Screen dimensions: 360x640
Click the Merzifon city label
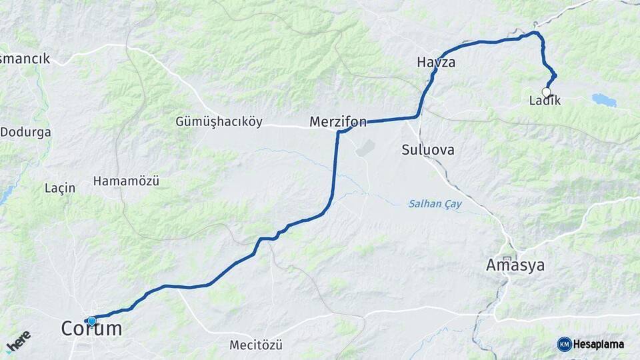(x=338, y=122)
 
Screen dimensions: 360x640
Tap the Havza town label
(x=436, y=63)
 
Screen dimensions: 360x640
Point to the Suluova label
(x=428, y=150)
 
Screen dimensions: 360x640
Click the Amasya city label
(x=515, y=265)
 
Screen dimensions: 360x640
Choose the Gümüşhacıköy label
(x=219, y=122)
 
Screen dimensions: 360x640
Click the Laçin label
(x=59, y=188)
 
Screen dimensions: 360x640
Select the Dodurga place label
(x=25, y=132)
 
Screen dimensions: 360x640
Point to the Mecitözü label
(x=256, y=345)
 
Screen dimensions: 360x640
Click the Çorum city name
(x=92, y=329)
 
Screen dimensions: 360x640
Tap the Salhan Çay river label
(x=435, y=204)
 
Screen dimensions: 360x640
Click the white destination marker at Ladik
(x=547, y=92)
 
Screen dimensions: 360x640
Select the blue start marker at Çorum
(x=91, y=321)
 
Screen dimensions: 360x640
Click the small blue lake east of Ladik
(x=604, y=101)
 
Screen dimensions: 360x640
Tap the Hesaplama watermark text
(x=599, y=344)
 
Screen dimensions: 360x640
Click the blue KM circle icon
(x=564, y=344)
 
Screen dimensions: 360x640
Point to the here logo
(x=18, y=341)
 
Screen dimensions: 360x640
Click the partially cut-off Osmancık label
(x=25, y=59)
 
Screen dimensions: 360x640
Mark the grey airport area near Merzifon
(x=366, y=148)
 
